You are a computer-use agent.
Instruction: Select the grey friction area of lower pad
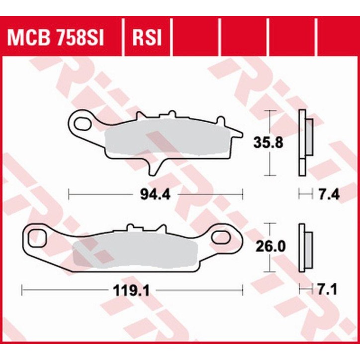pyautogui.click(x=134, y=251)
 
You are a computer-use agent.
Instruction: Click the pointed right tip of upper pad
pyautogui.click(x=241, y=133)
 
